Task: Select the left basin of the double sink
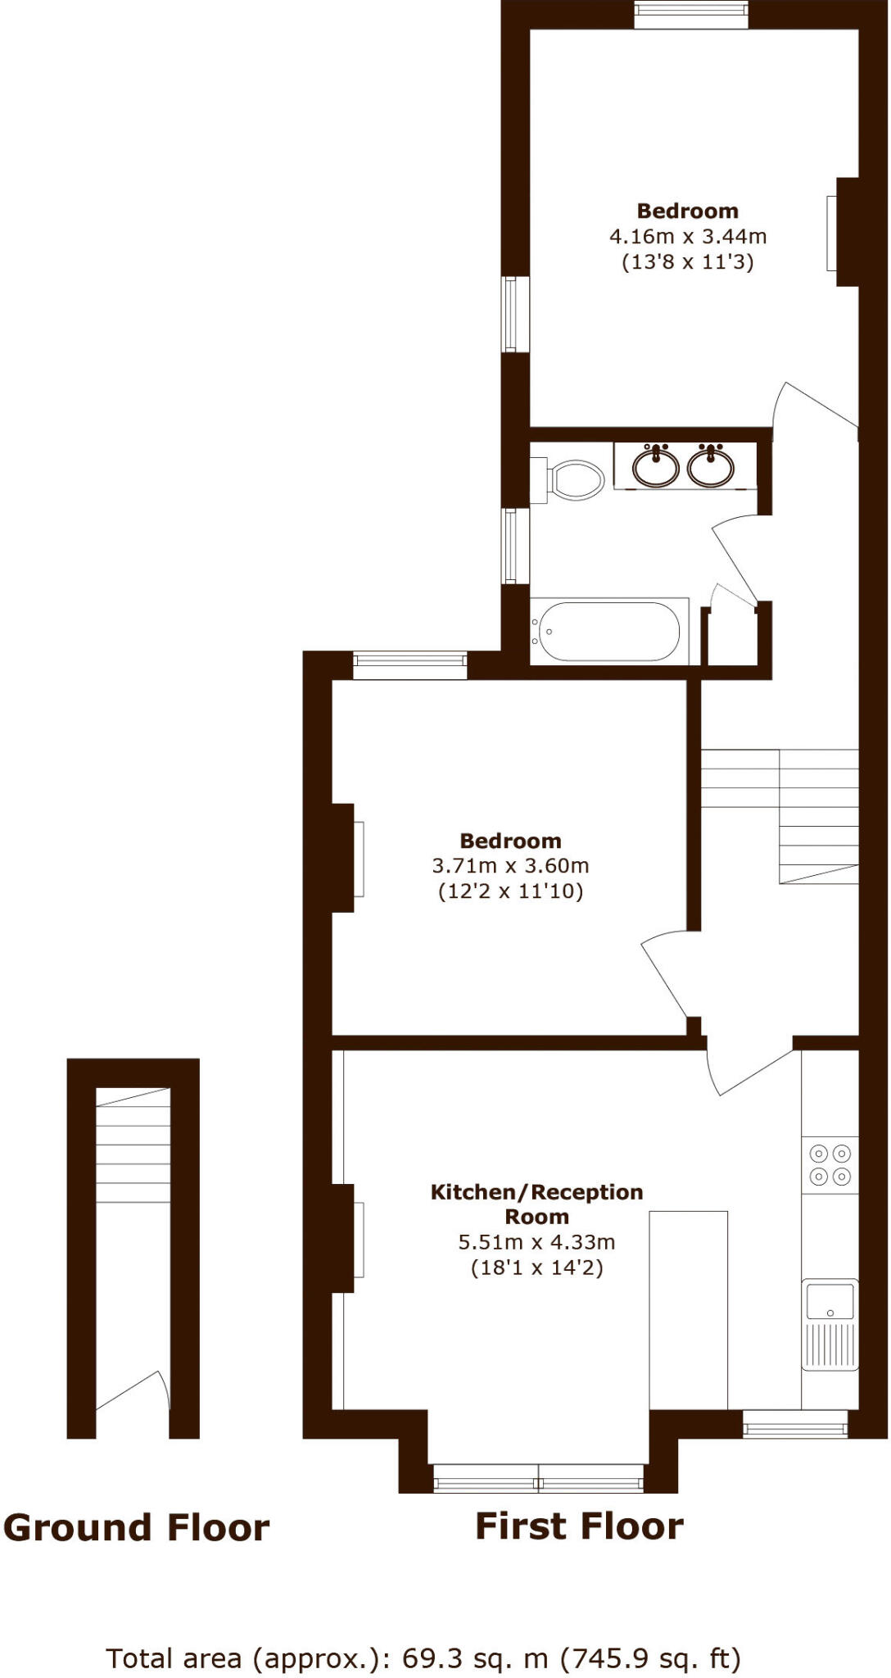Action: pyautogui.click(x=656, y=467)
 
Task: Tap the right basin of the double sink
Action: pyautogui.click(x=710, y=467)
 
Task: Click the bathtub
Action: pyautogui.click(x=607, y=632)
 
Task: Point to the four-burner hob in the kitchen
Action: pyautogui.click(x=830, y=1164)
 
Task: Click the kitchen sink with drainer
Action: pyautogui.click(x=830, y=1323)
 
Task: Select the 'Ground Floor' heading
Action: pyautogui.click(x=136, y=1528)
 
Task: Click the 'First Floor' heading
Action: pyautogui.click(x=579, y=1526)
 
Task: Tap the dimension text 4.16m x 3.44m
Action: pyautogui.click(x=688, y=237)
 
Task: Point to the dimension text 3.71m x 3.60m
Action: pyautogui.click(x=510, y=866)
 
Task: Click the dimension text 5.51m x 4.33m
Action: pyautogui.click(x=536, y=1242)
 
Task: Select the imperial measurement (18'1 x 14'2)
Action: pyautogui.click(x=536, y=1268)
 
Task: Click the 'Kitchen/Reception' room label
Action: pyautogui.click(x=536, y=1192)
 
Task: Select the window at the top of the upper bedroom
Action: pyautogui.click(x=691, y=15)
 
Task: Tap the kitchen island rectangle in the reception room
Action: pyautogui.click(x=688, y=1310)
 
